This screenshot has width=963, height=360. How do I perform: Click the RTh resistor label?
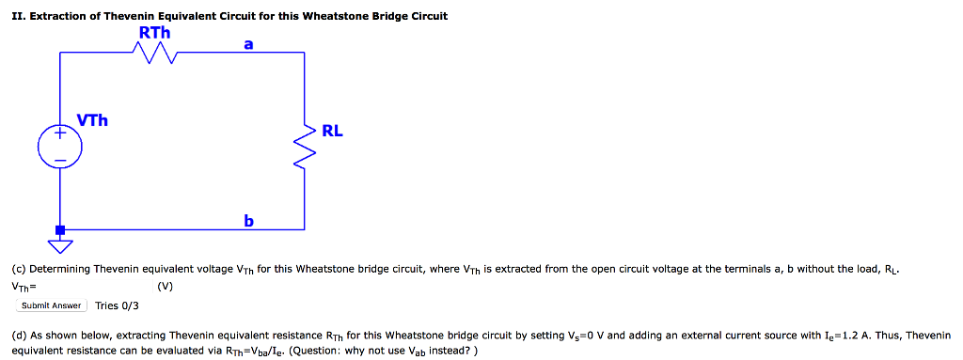coord(154,33)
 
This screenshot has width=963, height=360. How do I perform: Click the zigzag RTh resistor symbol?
coord(155,57)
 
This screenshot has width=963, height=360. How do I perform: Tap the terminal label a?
coord(247,43)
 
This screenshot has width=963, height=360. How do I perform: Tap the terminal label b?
coord(247,221)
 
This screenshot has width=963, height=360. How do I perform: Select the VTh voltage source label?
coord(92,120)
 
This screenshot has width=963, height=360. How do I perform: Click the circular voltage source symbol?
coord(60,148)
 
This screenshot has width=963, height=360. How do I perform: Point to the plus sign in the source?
coord(60,135)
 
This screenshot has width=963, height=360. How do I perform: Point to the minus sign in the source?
coord(60,161)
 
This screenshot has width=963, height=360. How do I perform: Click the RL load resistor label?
coord(333,131)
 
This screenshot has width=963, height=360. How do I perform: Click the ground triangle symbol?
coord(60,247)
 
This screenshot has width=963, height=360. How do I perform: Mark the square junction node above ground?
coord(60,229)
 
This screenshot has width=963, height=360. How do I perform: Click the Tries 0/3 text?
coord(117,305)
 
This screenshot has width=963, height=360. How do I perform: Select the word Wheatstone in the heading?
coord(334,16)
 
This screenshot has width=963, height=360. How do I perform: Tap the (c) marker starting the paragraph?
coord(19,269)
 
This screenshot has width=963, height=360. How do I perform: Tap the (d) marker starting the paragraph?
coord(19,335)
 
